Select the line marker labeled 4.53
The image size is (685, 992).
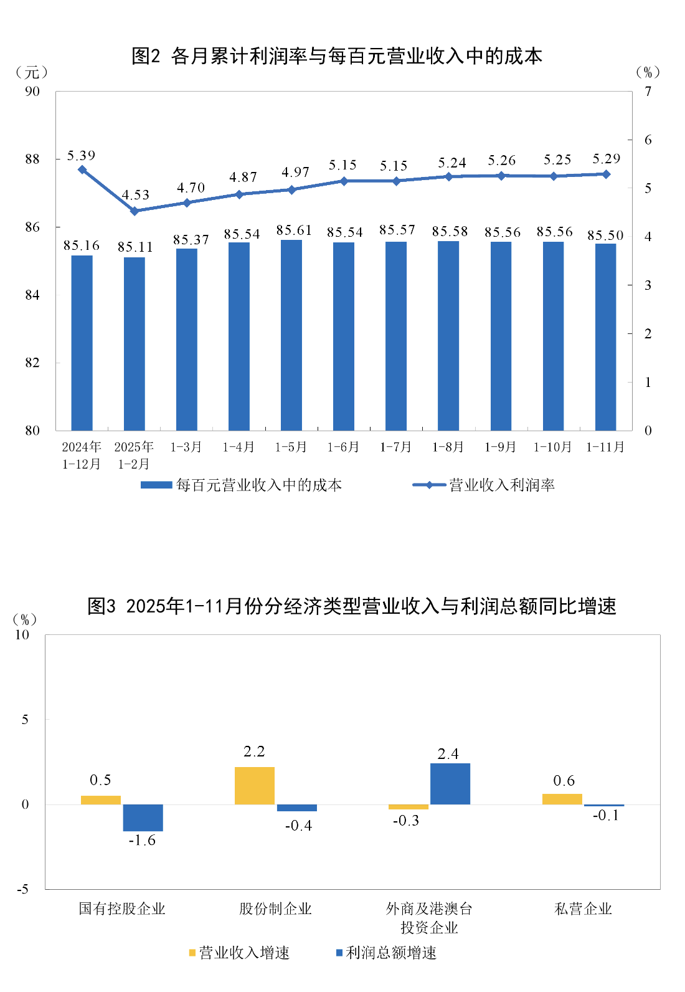coord(135,211)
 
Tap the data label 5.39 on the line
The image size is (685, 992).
coord(81,156)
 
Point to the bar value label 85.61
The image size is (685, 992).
coord(294,231)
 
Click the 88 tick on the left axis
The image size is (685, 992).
coord(32,160)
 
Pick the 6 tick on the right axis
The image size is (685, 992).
coord(648,140)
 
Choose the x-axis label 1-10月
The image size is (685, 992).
coord(553,447)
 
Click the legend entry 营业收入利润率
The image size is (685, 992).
coord(501,485)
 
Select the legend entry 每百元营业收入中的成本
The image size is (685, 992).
coord(258,485)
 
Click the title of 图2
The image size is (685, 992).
coord(337,56)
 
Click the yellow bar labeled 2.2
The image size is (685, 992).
coord(255,786)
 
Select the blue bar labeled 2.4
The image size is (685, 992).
coord(450,784)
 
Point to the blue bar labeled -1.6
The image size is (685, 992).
coord(143,818)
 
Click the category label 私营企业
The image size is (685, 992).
coord(583,909)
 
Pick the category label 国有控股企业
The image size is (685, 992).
coord(122,909)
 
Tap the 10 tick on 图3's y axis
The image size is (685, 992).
coord(22,635)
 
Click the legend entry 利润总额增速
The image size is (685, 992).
coord(390,953)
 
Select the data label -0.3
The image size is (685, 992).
coord(406,821)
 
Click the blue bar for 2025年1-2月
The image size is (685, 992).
coord(135,344)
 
